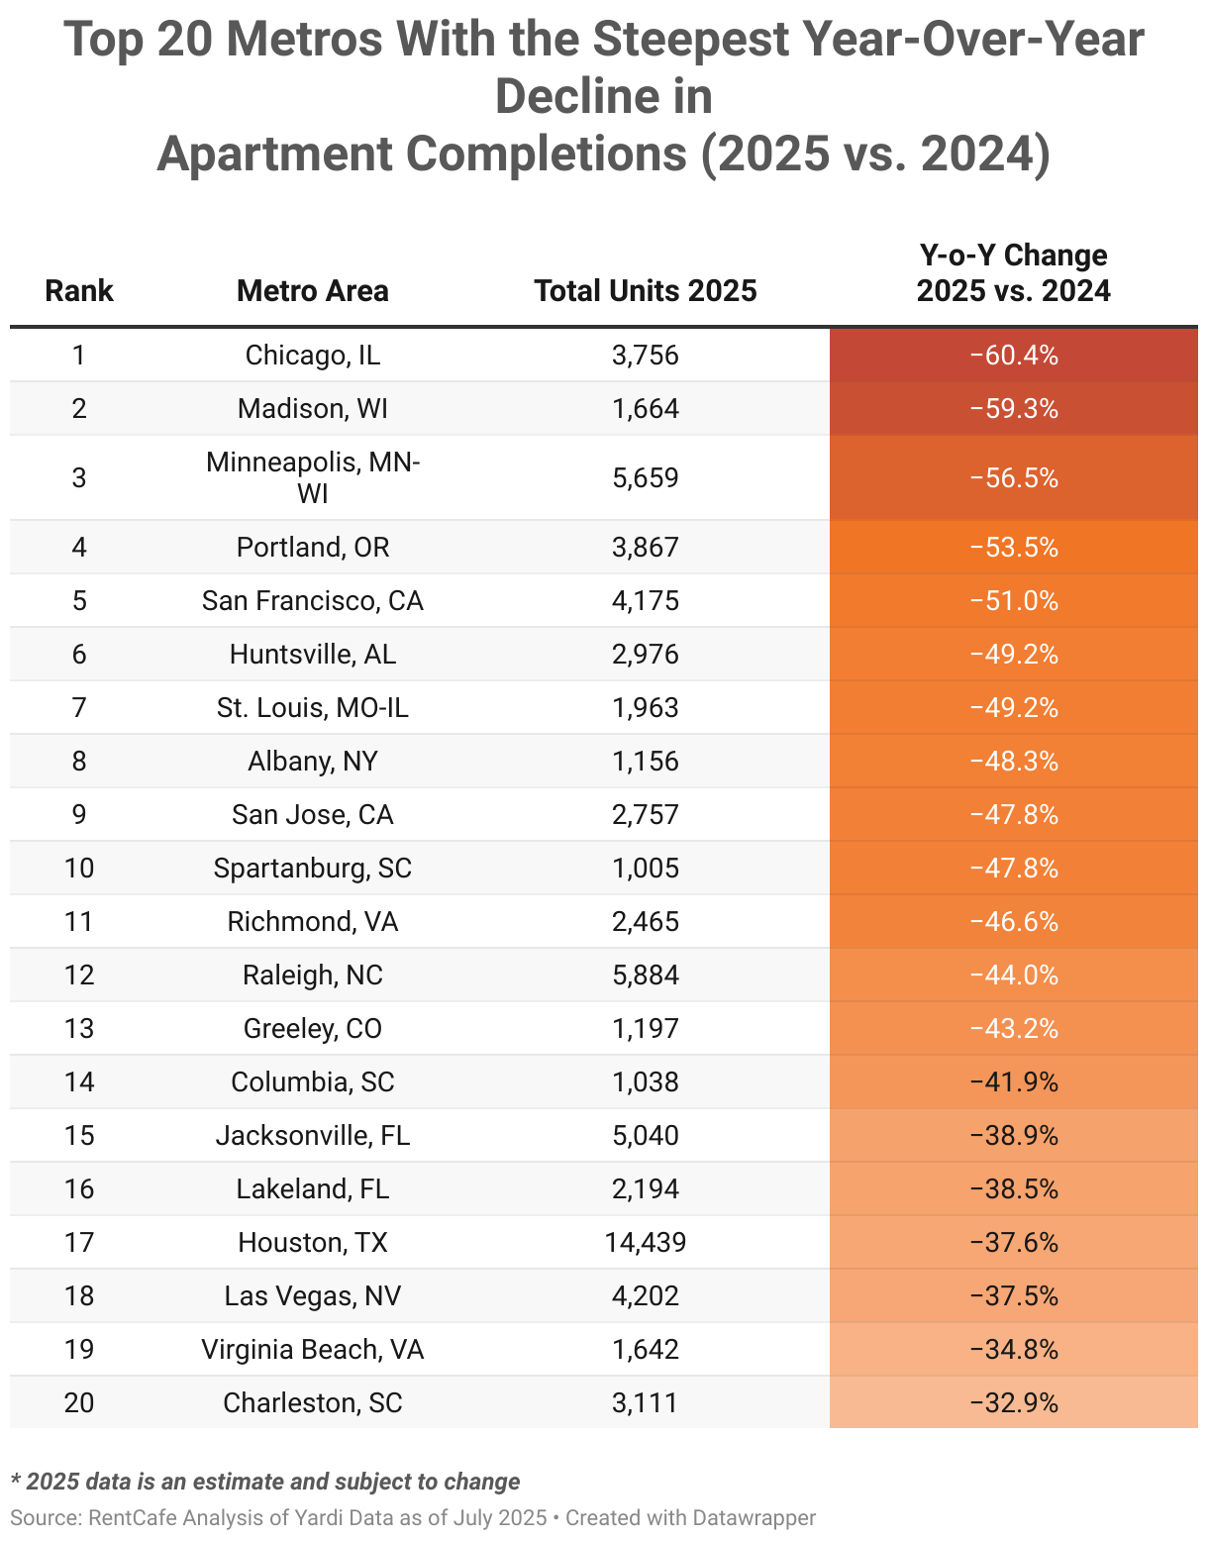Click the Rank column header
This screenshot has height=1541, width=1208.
pos(79,290)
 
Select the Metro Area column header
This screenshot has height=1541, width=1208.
pos(312,290)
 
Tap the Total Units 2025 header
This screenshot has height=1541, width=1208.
pos(645,290)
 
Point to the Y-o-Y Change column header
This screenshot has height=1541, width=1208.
pos(1013,272)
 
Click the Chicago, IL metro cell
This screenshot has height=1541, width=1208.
pos(312,355)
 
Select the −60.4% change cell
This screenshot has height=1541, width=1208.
pos(1013,355)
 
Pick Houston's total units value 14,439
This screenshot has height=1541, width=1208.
pos(645,1242)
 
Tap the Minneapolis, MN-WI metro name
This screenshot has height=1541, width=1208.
pos(312,476)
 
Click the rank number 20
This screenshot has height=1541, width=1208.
pos(79,1402)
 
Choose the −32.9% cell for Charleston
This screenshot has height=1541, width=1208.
pos(1013,1402)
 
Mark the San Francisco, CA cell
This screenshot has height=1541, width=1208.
pos(312,600)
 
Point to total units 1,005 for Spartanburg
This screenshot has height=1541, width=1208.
pos(645,868)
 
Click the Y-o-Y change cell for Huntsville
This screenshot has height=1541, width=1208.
pos(1013,654)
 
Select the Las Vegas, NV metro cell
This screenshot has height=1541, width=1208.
pos(312,1295)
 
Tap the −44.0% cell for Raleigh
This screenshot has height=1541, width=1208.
pos(1013,975)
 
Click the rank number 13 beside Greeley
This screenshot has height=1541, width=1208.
pos(79,1028)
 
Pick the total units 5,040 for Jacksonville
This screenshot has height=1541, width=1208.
pos(645,1135)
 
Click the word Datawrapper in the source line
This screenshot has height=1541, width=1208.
pos(754,1517)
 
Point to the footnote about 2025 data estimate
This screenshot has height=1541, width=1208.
pos(265,1482)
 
